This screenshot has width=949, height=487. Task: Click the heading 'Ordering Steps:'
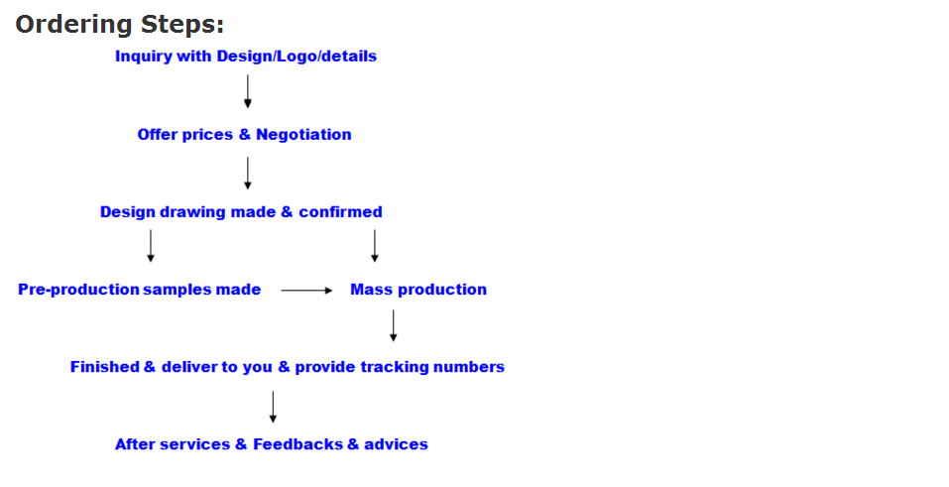[x=120, y=25]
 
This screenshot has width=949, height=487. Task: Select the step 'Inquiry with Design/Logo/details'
[x=246, y=57]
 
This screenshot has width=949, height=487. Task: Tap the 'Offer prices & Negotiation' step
[x=245, y=135]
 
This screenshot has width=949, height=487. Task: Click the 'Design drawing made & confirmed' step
[x=241, y=212]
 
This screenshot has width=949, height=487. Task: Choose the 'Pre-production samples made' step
[x=139, y=290]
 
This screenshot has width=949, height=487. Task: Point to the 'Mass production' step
[x=418, y=290]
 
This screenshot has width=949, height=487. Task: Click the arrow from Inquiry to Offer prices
[x=248, y=91]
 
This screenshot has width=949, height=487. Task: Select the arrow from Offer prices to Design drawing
[x=248, y=174]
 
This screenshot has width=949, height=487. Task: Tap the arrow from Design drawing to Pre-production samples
[x=151, y=246]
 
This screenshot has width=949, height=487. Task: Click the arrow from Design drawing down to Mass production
[x=375, y=246]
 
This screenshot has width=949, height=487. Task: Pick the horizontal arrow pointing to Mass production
[x=306, y=291]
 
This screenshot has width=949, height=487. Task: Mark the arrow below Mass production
[x=394, y=326]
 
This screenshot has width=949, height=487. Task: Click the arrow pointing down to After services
[x=273, y=407]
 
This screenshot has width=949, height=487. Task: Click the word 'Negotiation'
[x=303, y=135]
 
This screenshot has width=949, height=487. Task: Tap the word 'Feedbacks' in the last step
[x=297, y=444]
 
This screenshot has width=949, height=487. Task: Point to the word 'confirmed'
[x=341, y=212]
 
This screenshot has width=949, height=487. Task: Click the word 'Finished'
[x=105, y=367]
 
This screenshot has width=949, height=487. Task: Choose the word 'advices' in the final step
[x=396, y=444]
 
